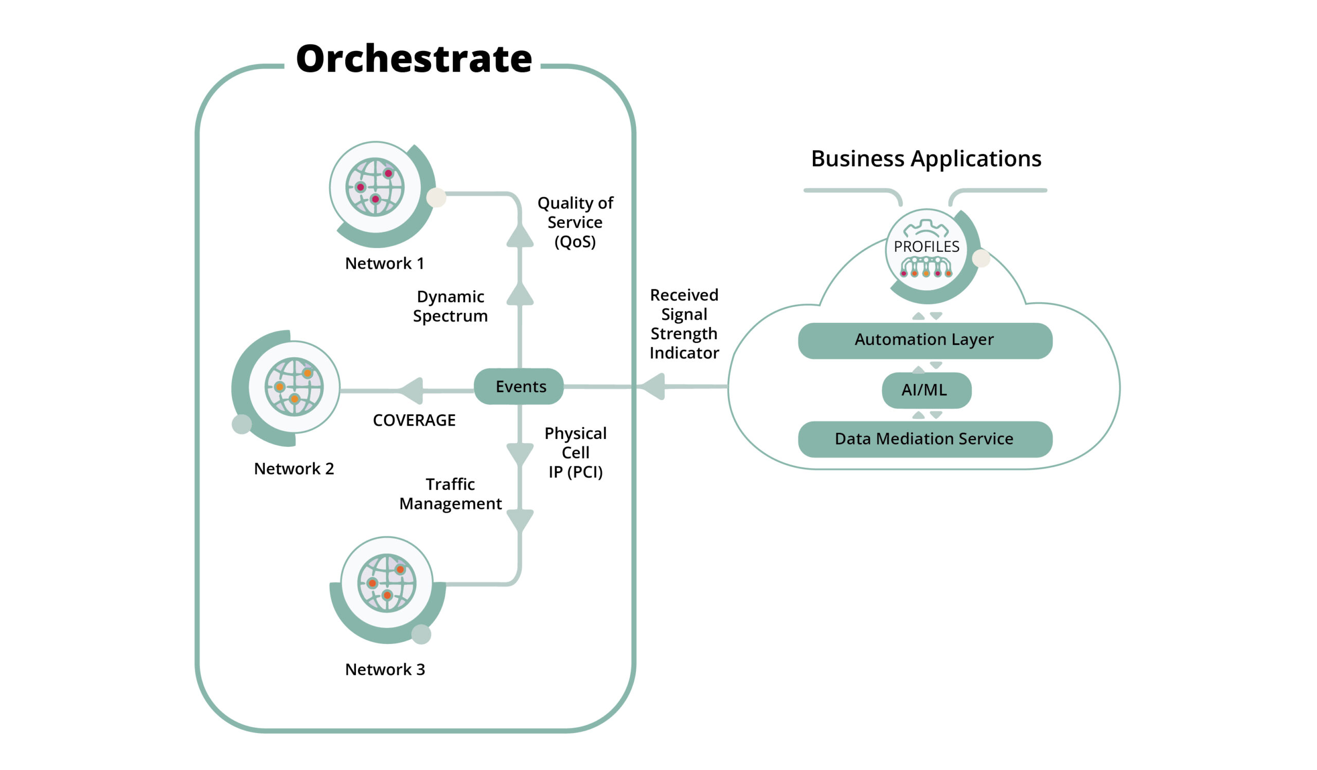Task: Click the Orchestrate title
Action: point(414,59)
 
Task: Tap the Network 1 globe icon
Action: point(375,187)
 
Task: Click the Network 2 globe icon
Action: point(294,387)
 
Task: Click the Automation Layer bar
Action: point(924,340)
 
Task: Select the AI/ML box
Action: point(926,390)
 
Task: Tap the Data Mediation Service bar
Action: point(924,439)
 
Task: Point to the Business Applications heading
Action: point(926,159)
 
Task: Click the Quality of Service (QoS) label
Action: point(575,222)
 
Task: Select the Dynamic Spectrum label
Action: point(450,306)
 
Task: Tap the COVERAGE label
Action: point(414,421)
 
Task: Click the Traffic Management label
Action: point(450,494)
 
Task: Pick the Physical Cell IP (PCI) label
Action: point(575,453)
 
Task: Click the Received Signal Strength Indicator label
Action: point(684,324)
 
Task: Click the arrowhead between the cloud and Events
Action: point(653,387)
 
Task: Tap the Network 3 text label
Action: point(385,670)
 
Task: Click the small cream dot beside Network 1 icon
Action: point(436,198)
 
